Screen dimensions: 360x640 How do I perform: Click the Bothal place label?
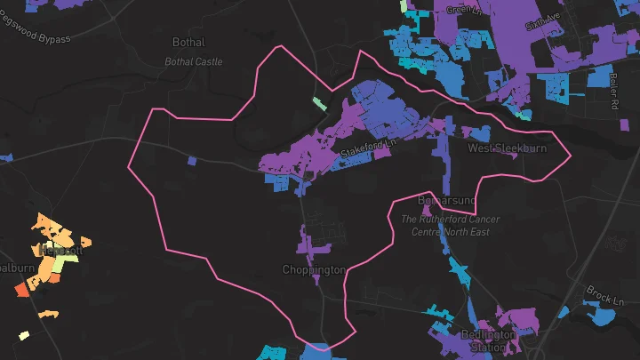(188, 42)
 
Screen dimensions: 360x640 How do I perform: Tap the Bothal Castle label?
(194, 62)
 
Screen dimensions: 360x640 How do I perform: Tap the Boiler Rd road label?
(614, 90)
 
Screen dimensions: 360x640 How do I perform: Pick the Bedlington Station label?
(489, 340)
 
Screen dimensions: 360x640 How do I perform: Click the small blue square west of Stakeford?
(194, 161)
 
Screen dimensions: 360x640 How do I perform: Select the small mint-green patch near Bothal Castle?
(319, 103)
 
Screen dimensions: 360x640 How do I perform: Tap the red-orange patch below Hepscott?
(21, 290)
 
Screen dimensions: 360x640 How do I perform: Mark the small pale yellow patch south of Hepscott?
(24, 336)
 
